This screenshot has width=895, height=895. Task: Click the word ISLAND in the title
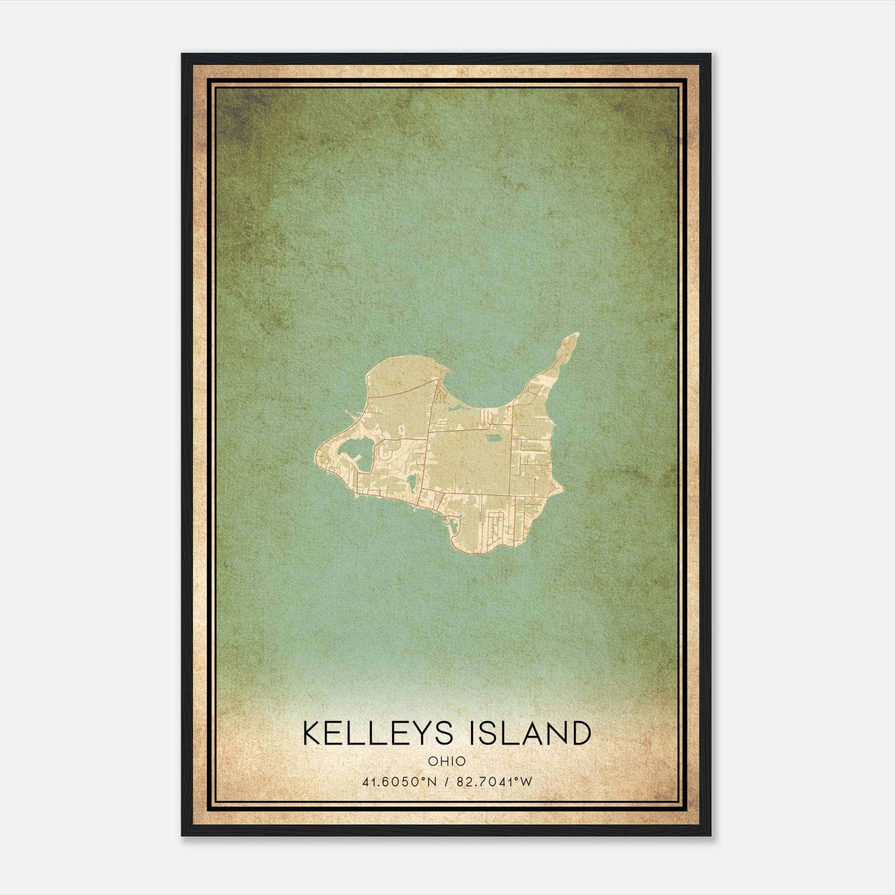(x=531, y=733)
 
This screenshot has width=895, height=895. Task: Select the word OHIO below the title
(x=447, y=761)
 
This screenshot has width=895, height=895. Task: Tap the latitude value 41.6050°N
(x=399, y=781)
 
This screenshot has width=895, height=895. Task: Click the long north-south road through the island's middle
(x=430, y=447)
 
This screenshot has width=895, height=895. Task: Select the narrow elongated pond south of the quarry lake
(x=412, y=481)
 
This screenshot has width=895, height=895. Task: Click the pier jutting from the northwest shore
(x=350, y=414)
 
